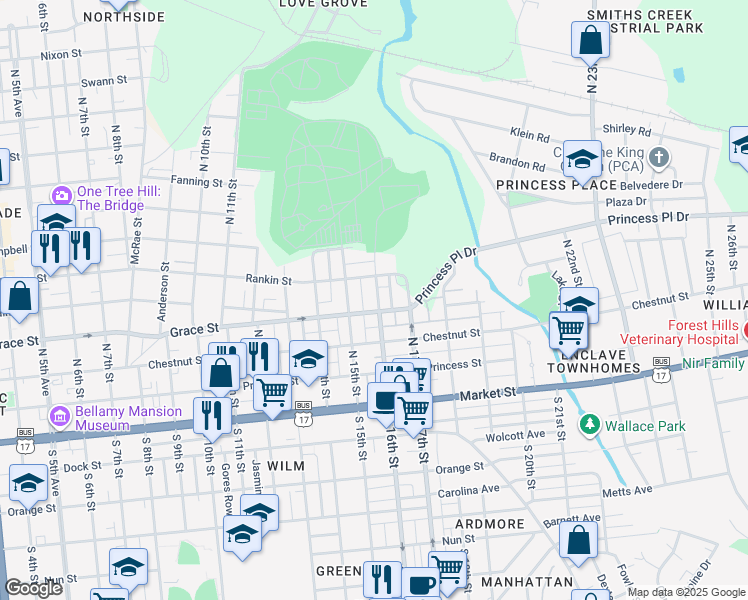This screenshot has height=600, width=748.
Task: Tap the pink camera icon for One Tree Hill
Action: (61, 194)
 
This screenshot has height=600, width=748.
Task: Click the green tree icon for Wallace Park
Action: (590, 426)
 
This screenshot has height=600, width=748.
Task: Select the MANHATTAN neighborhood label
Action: (526, 582)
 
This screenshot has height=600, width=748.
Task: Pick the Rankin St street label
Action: (269, 281)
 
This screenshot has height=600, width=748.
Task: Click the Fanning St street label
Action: (195, 182)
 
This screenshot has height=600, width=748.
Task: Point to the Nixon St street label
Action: (61, 55)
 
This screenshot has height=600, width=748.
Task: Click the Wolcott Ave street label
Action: (515, 437)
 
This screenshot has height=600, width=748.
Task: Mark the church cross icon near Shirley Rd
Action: (658, 157)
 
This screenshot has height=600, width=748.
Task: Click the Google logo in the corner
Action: (33, 589)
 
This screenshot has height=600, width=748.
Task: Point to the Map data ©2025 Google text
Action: (686, 592)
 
